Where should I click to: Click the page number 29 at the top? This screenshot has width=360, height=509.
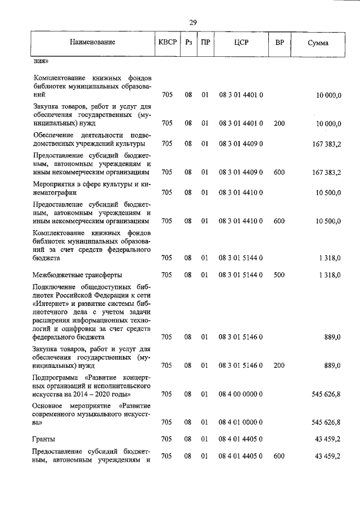point(192,22)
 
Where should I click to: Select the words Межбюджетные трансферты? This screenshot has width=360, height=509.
point(78,275)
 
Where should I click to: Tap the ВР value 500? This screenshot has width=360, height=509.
point(279,275)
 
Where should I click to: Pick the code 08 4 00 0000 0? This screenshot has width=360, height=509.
point(241,395)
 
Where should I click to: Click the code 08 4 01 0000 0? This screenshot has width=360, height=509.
point(241,421)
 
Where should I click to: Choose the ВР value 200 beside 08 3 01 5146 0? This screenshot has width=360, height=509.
point(279,366)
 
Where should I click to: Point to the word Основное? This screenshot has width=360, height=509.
point(49,405)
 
